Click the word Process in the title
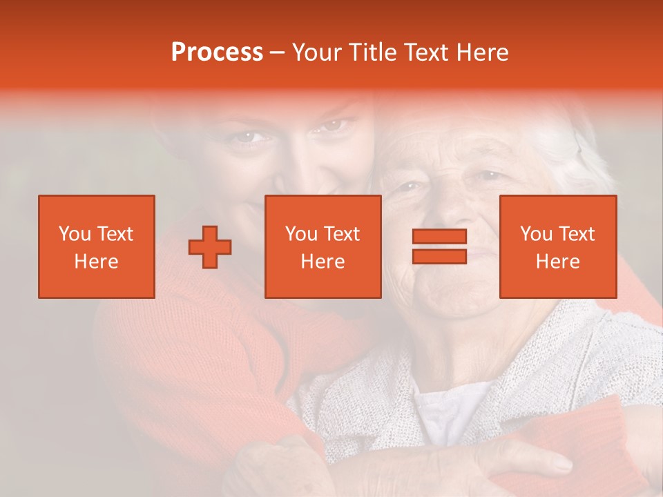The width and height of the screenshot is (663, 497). tap(217, 52)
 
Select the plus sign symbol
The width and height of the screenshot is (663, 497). tap(210, 247)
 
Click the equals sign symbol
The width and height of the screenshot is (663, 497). tap(439, 246)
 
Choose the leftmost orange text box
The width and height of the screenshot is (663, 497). tap(97, 246)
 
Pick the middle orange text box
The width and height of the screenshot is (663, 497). tap(323, 246)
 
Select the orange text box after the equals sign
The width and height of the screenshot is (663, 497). tap(558, 246)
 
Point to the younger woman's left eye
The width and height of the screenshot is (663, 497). tap(334, 126)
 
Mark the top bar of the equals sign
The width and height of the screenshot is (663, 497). tap(439, 237)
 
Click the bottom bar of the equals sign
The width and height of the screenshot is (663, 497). tap(439, 256)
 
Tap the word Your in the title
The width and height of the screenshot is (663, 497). tap(318, 52)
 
